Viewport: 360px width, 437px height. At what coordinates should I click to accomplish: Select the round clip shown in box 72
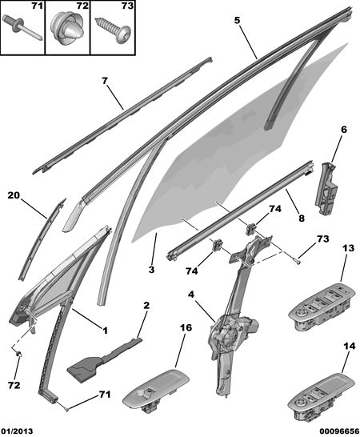point(66,30)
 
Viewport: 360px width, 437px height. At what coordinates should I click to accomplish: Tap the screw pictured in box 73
point(112,30)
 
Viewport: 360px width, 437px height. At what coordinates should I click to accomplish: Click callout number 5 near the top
point(237,20)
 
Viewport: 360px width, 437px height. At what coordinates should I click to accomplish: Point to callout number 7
point(105,81)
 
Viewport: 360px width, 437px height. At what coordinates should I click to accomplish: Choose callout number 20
point(14,195)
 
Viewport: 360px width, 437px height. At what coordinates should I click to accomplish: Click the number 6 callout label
point(344,130)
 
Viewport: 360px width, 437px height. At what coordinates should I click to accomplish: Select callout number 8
point(302,218)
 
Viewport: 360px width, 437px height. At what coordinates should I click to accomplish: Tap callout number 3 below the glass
point(151,270)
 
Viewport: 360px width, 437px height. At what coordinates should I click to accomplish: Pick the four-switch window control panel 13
point(322,307)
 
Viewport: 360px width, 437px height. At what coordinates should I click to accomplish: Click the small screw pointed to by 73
point(298,261)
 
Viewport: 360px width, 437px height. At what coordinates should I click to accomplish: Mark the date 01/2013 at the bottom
point(17,431)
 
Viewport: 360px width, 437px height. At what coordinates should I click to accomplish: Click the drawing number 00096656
point(339,431)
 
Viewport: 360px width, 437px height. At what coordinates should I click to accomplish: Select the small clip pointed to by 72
point(19,355)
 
